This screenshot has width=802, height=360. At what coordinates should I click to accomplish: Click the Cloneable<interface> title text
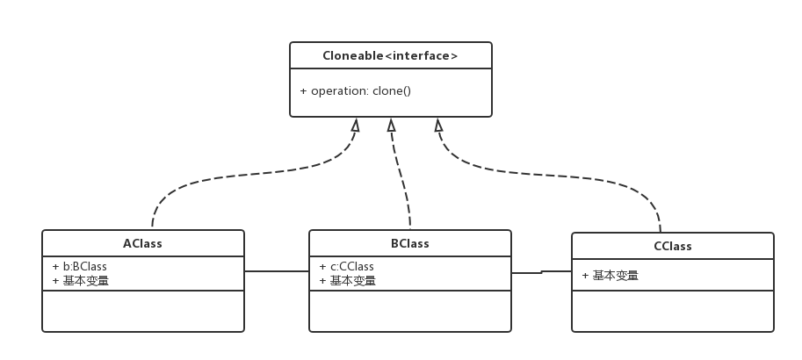click(390, 55)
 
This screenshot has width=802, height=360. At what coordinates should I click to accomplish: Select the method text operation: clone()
click(361, 90)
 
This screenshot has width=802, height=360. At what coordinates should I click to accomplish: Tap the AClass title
click(142, 243)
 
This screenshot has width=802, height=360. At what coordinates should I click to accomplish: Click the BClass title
click(409, 243)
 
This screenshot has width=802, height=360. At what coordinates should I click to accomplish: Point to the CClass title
click(673, 246)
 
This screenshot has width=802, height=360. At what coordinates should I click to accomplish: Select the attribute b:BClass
click(85, 266)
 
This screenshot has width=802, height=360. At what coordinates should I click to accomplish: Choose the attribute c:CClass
click(351, 266)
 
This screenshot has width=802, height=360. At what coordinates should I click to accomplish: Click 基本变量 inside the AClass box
click(86, 281)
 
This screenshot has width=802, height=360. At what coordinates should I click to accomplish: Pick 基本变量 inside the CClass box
click(616, 275)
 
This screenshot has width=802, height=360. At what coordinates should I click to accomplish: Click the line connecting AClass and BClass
click(277, 271)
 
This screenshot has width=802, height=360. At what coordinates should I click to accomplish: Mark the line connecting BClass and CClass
click(541, 272)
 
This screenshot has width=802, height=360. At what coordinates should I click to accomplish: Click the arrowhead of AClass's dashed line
click(355, 124)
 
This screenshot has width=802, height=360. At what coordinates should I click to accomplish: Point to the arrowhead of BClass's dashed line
click(391, 124)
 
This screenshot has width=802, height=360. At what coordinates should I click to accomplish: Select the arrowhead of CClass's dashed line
click(437, 124)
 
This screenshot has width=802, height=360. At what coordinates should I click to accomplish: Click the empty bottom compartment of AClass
click(142, 311)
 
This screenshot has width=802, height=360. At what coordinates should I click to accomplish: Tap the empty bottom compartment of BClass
click(409, 311)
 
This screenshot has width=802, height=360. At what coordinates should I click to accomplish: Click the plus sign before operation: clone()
click(303, 90)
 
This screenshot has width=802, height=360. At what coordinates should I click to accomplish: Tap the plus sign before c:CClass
click(323, 266)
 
